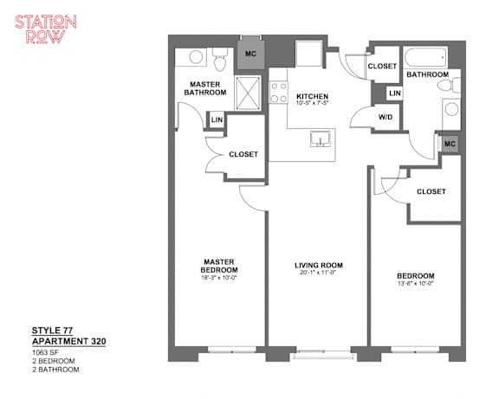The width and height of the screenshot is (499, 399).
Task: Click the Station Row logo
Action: click(x=46, y=29)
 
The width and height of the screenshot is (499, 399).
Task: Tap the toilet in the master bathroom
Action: click(x=220, y=60)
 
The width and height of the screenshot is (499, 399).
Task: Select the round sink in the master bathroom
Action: click(x=196, y=57)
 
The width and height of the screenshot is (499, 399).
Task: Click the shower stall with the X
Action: click(x=248, y=93)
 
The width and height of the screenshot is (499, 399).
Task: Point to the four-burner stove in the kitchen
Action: click(x=279, y=93)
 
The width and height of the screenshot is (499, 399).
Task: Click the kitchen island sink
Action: click(x=321, y=139)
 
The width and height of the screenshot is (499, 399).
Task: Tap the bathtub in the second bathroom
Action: click(x=425, y=57)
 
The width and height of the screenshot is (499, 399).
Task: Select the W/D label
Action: click(x=386, y=117)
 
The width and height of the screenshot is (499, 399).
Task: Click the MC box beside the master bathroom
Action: click(x=250, y=54)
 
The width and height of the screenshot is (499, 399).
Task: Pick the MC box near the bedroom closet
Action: click(x=450, y=144)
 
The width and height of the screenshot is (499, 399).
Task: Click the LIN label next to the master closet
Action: click(x=217, y=119)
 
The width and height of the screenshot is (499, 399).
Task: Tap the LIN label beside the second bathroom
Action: click(x=395, y=93)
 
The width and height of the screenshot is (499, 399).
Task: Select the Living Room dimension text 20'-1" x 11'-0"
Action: click(x=319, y=273)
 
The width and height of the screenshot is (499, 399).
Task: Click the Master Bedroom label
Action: click(x=219, y=266)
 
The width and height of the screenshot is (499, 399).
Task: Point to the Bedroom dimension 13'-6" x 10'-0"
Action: click(x=416, y=283)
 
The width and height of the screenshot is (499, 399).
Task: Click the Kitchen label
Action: click(x=312, y=96)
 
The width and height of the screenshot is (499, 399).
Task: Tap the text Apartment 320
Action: click(x=69, y=342)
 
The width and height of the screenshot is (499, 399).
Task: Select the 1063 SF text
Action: click(x=45, y=352)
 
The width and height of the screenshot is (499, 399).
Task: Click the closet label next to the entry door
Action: click(x=382, y=66)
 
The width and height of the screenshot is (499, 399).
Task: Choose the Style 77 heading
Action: click(x=53, y=331)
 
